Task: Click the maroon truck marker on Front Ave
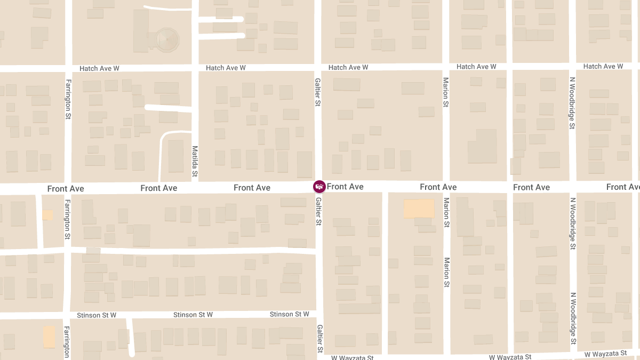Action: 319,187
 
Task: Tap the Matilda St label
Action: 195,161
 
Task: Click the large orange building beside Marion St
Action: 419,209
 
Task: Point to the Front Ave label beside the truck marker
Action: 345,187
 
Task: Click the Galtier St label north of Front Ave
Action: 317,91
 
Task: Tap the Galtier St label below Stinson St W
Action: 320,339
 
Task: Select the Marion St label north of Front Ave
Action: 446,92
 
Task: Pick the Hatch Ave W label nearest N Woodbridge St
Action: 603,67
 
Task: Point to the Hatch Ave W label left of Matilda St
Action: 99,69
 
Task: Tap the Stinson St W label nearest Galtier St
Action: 289,314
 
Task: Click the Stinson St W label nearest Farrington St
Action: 97,315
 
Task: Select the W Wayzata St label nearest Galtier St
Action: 353,357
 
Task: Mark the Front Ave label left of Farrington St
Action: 66,189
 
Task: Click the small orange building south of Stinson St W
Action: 49,337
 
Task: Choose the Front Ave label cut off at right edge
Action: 623,187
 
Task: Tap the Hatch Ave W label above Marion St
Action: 476,67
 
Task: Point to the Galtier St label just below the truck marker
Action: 318,211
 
